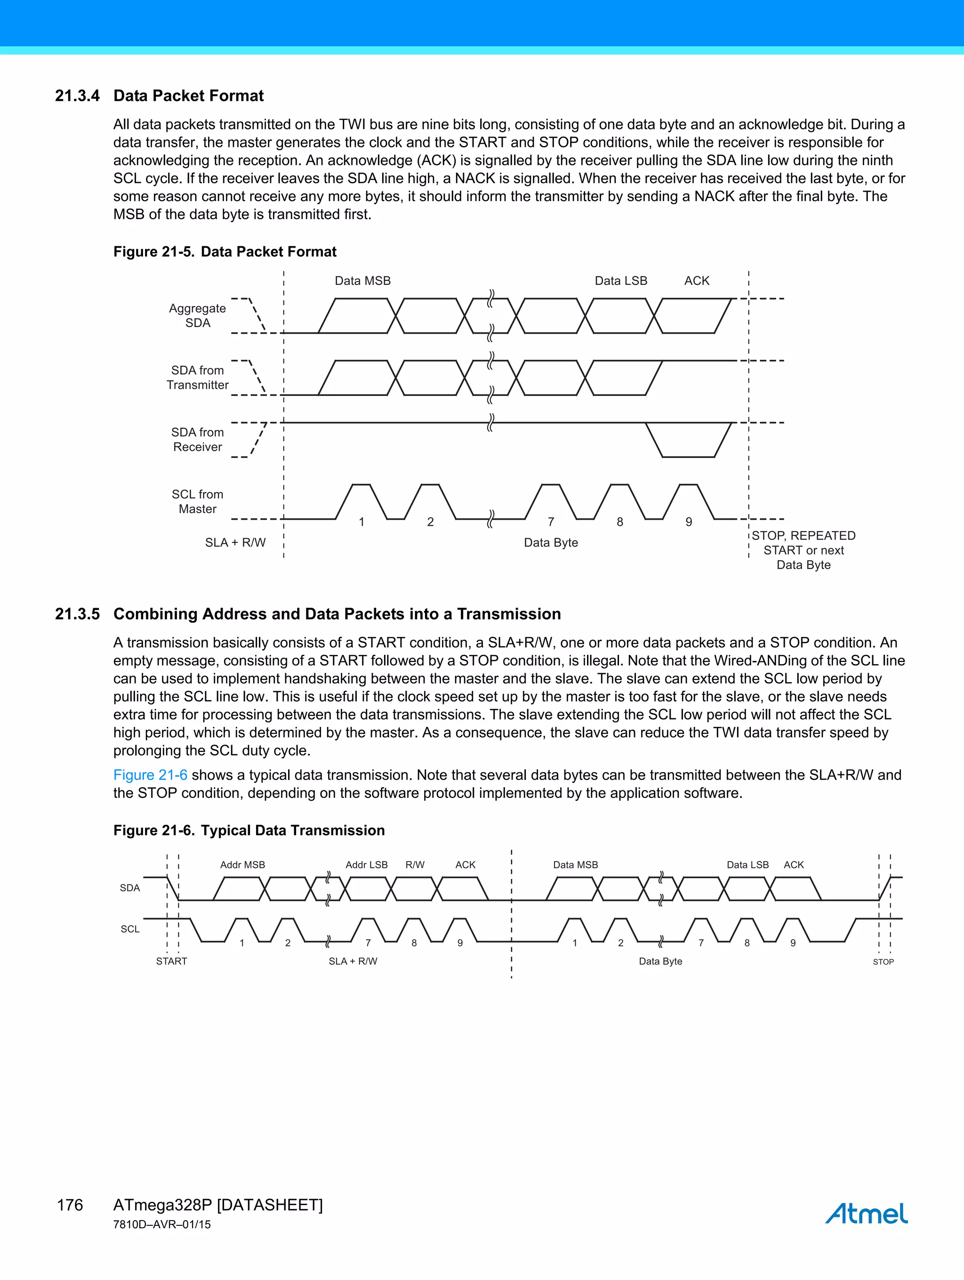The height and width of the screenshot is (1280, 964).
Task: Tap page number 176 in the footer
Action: point(70,1205)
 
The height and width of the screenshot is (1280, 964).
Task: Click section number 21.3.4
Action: point(77,96)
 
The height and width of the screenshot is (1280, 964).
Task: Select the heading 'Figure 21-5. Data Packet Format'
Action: point(225,252)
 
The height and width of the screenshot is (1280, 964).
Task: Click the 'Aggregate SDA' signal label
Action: point(197,315)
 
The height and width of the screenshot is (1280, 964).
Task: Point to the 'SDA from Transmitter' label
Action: point(197,377)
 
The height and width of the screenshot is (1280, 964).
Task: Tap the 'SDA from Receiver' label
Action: point(197,439)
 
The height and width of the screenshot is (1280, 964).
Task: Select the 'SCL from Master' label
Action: point(197,501)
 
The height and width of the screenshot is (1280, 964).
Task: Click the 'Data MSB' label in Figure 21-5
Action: point(363,281)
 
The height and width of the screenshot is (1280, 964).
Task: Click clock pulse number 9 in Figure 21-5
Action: point(689,522)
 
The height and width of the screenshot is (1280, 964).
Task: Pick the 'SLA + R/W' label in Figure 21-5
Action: point(235,542)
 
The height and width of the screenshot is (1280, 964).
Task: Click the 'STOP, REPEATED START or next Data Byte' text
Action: point(803,550)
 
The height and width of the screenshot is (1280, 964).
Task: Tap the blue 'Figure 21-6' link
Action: point(150,775)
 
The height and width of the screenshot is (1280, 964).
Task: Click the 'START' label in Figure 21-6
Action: point(171,961)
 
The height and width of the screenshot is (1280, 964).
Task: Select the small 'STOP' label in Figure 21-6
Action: point(883,962)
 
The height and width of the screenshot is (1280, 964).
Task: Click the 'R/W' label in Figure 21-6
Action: point(415,864)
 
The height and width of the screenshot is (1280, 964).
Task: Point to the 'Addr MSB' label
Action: point(242,864)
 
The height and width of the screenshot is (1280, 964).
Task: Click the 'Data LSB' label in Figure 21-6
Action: point(747,864)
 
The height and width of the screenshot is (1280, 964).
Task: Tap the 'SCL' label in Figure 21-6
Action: point(130,929)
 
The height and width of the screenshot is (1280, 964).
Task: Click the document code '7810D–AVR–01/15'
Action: point(162,1224)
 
